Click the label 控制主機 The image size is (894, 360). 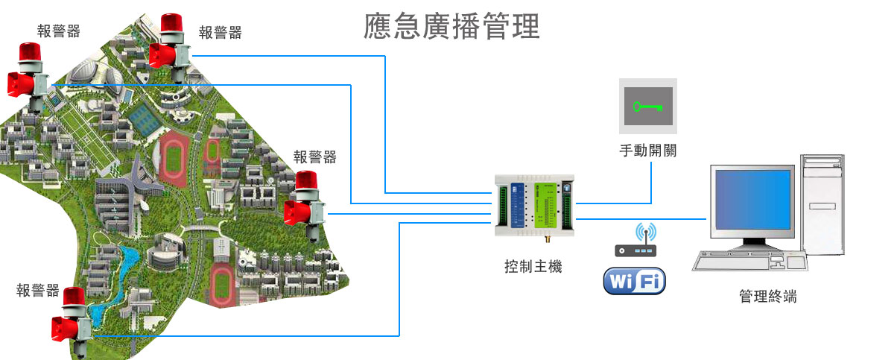pos(533,266)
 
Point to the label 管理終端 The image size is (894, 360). pos(767,296)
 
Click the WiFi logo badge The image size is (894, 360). pos(634,281)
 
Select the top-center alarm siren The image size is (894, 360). pos(171,45)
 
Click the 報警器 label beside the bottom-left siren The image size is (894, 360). pos(38,291)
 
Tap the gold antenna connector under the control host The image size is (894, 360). pos(544,241)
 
